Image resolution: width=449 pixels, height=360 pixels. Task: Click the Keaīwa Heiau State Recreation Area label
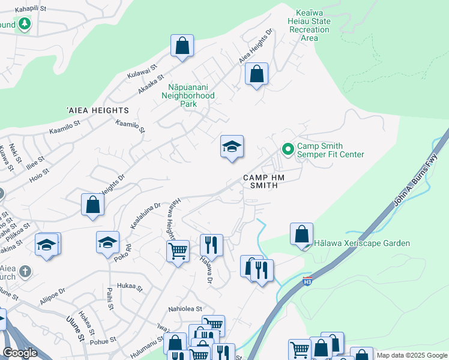click(313, 25)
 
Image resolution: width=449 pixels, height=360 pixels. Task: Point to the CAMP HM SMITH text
click(261, 181)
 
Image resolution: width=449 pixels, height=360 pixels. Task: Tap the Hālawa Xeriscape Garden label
click(362, 243)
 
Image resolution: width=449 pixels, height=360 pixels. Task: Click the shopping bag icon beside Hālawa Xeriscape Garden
click(301, 234)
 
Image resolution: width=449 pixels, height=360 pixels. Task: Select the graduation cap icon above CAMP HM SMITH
click(232, 146)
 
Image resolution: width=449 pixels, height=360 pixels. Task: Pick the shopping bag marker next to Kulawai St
click(182, 46)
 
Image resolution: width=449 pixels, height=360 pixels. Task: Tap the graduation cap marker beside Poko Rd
click(107, 242)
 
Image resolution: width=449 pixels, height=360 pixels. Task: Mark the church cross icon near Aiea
click(25, 271)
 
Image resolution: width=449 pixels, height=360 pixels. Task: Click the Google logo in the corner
click(20, 353)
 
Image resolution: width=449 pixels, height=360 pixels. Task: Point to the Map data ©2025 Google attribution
click(412, 355)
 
